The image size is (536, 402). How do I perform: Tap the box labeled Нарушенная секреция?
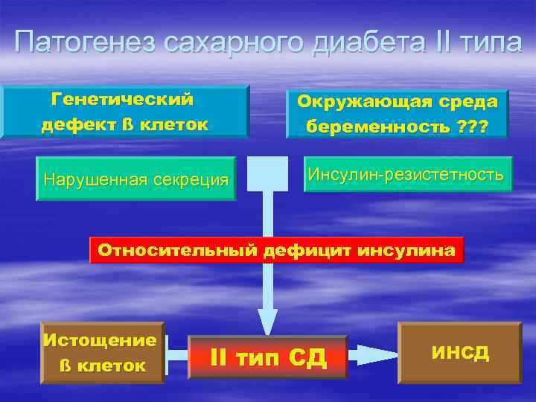pyautogui.click(x=135, y=179)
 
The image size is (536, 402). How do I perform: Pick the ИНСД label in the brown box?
pyautogui.click(x=459, y=352)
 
